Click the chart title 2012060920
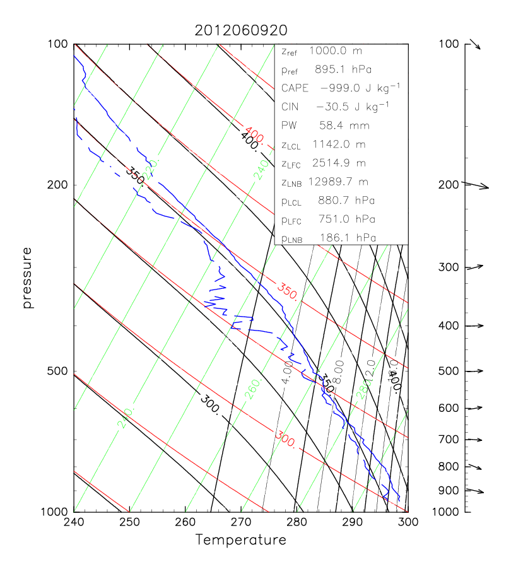click(x=240, y=30)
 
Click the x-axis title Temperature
click(x=240, y=540)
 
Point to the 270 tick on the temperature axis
click(x=241, y=523)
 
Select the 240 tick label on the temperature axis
click(x=74, y=523)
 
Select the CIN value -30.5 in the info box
click(x=334, y=107)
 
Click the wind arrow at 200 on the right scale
click(x=476, y=185)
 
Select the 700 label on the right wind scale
click(x=448, y=440)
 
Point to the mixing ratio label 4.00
click(x=287, y=373)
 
